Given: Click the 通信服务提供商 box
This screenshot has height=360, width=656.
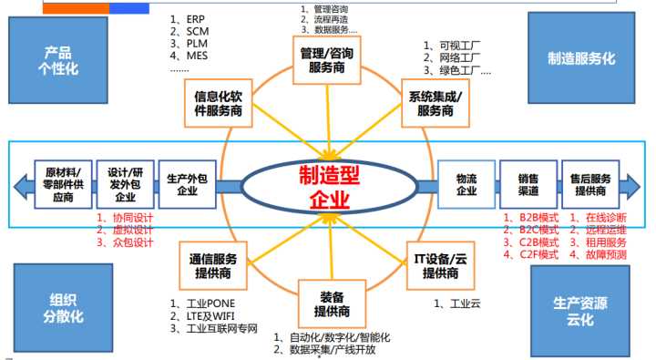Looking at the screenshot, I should pyautogui.click(x=220, y=264).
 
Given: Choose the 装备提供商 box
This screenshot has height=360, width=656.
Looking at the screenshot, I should pyautogui.click(x=326, y=303).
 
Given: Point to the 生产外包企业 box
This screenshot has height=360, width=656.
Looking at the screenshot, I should pyautogui.click(x=187, y=184).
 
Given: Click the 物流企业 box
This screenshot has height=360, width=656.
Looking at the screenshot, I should pyautogui.click(x=466, y=183).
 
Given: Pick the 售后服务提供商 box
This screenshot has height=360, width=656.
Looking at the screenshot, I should pyautogui.click(x=589, y=183).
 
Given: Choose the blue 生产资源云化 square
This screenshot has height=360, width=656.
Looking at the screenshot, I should pyautogui.click(x=581, y=308).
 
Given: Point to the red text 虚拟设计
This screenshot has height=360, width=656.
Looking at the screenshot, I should pyautogui.click(x=128, y=231).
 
